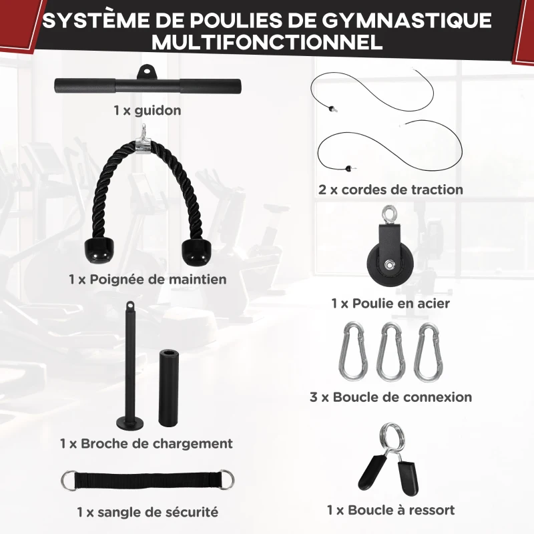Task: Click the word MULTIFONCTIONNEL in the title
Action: point(267,41)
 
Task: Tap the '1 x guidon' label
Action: point(147,110)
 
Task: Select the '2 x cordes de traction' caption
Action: point(390,190)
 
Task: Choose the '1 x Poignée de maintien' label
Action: point(148,279)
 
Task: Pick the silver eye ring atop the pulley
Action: point(389,215)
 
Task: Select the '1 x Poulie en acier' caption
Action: point(390,304)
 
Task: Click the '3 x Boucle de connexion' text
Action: point(390,397)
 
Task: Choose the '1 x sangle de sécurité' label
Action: point(148,513)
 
